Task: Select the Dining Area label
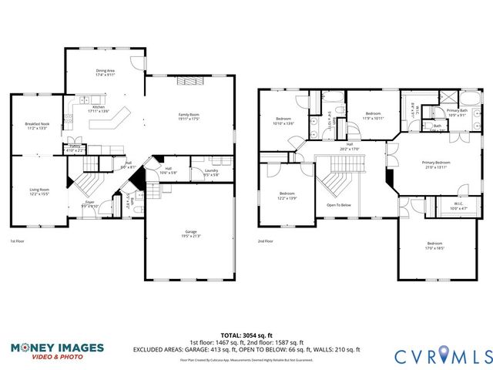coord(106,72)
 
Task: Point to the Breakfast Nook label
coord(36,126)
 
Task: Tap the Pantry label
coord(75,148)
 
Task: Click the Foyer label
coord(90,204)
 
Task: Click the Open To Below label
coord(339,205)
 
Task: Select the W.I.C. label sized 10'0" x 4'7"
coord(458,207)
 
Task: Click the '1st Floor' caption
coord(19,241)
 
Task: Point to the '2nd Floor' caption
coord(266,241)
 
